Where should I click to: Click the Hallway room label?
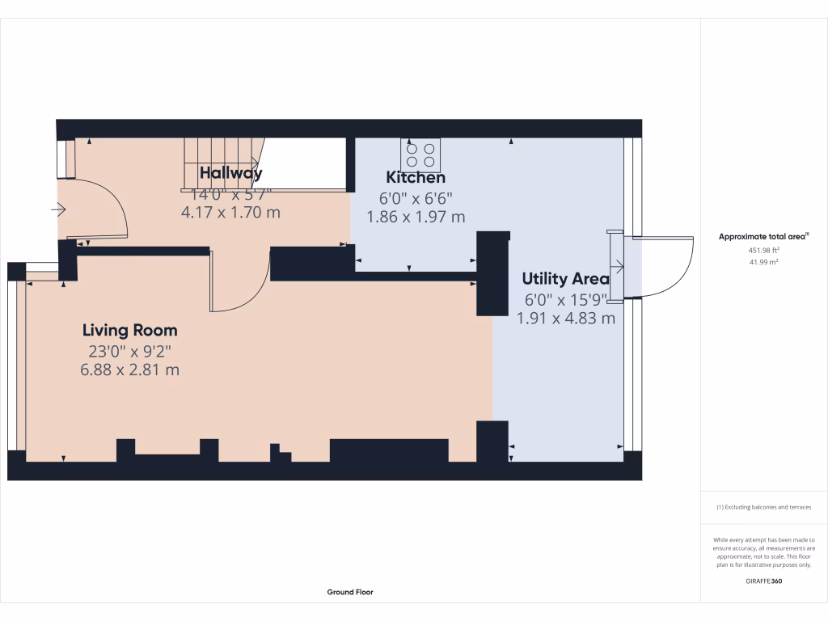coord(230,172)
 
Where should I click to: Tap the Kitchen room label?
coord(415,177)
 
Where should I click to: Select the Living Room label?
coord(129,330)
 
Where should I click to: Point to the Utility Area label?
coord(565,279)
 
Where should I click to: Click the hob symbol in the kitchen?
coord(421,153)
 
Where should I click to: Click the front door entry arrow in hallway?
coord(58,210)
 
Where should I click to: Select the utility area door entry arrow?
coord(618,265)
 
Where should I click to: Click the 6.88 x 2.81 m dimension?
coord(129,370)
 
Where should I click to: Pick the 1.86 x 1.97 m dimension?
coord(416,217)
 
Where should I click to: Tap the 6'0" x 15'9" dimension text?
coord(565,299)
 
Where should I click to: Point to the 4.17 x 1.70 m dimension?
coord(230,213)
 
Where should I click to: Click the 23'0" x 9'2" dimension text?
coord(129,351)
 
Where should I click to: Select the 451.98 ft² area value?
coord(763,251)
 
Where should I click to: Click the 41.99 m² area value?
coord(763,262)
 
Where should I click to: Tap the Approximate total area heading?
coord(763,236)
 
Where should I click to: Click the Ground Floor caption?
coord(350,592)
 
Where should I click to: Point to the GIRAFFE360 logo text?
coord(763,581)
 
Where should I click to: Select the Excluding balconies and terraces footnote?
coord(763,507)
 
